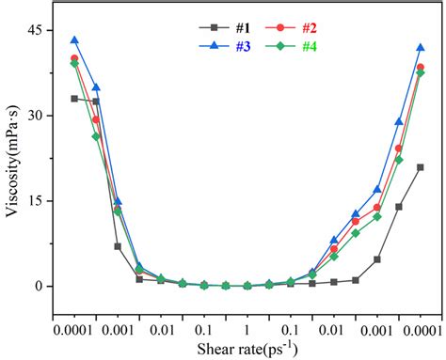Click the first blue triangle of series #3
point(74,40)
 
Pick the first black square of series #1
point(74,99)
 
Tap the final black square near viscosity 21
point(421,167)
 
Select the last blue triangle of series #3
point(421,47)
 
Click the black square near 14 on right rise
point(399,207)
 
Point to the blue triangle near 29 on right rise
point(399,121)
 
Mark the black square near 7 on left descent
point(118,246)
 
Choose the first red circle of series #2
point(74,58)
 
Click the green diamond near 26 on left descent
point(96,136)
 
